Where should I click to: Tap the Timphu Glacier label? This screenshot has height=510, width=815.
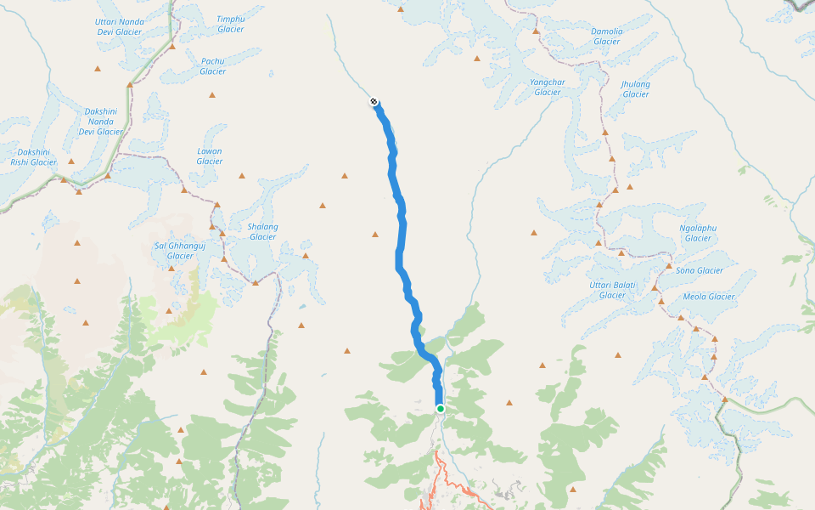230,24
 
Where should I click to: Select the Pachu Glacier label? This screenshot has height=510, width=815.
212,66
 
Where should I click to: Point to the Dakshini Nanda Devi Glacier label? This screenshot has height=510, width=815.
101,122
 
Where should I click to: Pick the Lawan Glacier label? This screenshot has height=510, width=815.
209,156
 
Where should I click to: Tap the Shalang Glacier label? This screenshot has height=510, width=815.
262,231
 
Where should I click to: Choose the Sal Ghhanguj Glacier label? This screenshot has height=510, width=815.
180,251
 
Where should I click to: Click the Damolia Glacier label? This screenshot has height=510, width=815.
606,36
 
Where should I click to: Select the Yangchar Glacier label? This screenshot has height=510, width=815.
547,87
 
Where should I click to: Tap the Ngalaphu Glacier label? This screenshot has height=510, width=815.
698,233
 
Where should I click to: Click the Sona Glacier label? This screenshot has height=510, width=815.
700,270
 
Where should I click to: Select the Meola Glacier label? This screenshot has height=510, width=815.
709,297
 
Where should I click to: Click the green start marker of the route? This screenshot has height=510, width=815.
441,409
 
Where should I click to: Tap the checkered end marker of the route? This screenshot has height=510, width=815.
374,102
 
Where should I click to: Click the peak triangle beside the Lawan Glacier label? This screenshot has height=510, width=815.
241,176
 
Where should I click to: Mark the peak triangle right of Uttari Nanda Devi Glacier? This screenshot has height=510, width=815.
171,47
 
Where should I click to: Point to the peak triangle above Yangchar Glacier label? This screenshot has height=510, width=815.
536,31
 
